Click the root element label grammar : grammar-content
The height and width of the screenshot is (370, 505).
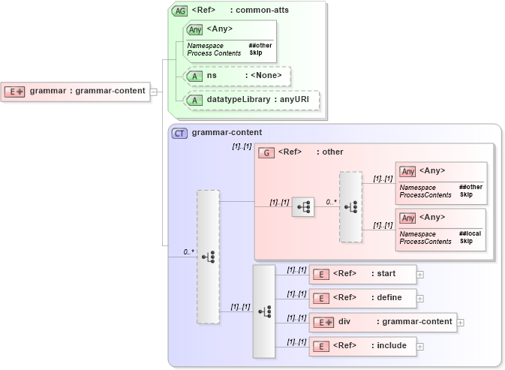point(87,92)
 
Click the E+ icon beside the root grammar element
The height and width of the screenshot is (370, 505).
point(15,92)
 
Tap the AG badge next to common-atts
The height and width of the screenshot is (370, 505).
point(179,11)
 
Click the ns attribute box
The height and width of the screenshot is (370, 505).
point(237,76)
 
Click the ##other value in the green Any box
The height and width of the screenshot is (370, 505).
point(260,45)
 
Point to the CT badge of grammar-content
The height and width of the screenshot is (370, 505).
point(179,133)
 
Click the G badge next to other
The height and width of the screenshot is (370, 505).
point(266,152)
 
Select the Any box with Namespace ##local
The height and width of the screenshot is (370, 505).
point(440,229)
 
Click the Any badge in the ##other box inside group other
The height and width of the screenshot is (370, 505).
point(407,172)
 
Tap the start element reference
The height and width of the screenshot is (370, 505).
point(363,274)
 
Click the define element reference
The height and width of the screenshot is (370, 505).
point(363,298)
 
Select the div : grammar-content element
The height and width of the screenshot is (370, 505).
point(383,322)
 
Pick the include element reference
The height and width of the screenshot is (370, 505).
point(363,346)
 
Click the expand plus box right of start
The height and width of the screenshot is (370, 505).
point(420,275)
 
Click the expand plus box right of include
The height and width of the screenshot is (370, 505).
point(420,346)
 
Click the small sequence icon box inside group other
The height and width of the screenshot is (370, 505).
point(303,207)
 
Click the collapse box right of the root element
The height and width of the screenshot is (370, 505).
point(154,92)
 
